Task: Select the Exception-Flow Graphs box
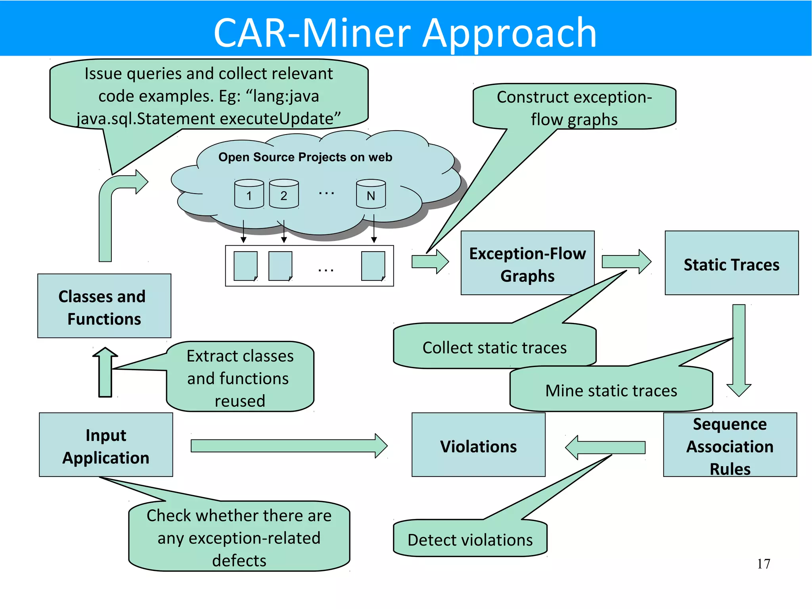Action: coord(527,264)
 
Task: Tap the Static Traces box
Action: coord(731,264)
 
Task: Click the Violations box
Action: coord(478,446)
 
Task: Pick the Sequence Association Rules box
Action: coord(730,446)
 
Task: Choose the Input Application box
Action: coord(106,446)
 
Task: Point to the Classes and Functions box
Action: coord(104,307)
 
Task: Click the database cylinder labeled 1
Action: coord(249,194)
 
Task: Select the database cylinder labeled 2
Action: coord(284,194)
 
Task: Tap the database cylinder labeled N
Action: coord(371,194)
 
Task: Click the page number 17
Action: coord(763,564)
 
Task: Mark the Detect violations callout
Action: coord(470,540)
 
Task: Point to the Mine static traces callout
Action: coord(611,390)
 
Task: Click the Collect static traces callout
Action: coord(494,347)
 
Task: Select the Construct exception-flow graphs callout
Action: coord(574,108)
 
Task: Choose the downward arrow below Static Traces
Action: coord(739,349)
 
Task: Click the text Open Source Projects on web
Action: coord(305,157)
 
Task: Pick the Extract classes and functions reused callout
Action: coord(240,378)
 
